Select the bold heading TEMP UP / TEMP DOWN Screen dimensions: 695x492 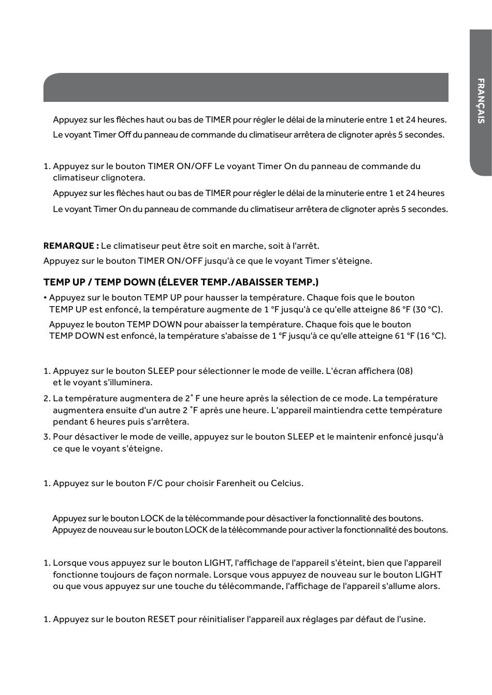point(181,282)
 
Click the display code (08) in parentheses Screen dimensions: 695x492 point(404,371)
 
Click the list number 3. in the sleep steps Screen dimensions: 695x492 point(47,436)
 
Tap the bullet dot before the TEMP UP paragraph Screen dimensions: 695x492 point(45,298)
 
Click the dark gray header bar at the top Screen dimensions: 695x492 point(245,87)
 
